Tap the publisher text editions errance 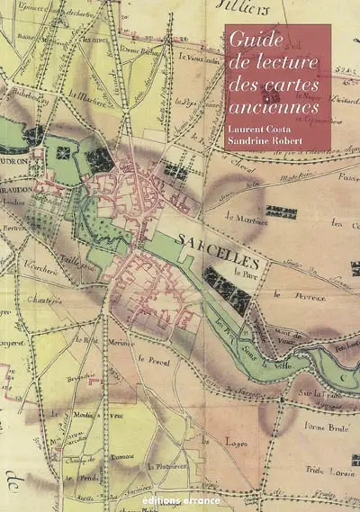[180, 496]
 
